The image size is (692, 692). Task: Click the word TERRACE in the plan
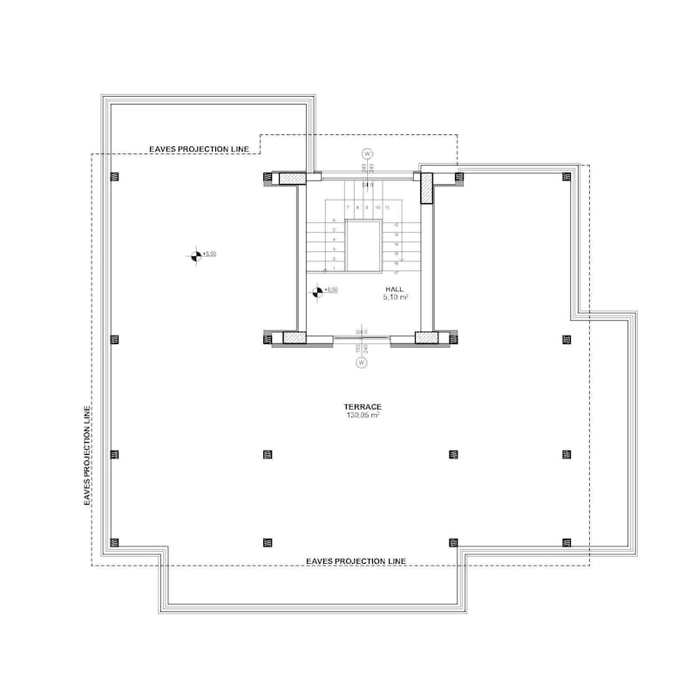(x=360, y=407)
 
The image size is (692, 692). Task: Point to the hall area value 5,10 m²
(x=397, y=297)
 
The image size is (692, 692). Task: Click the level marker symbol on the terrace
(x=195, y=255)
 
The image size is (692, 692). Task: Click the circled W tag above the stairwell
(x=367, y=154)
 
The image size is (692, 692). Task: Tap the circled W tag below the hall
(x=360, y=364)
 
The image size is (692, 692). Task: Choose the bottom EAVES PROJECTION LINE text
(x=356, y=560)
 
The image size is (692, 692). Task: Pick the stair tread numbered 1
(x=335, y=268)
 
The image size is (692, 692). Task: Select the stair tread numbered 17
(x=397, y=273)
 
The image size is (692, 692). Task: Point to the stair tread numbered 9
(x=367, y=207)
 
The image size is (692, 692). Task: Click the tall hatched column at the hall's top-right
(x=427, y=187)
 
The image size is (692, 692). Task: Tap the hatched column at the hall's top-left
(x=292, y=178)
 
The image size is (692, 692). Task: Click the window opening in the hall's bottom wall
(x=361, y=338)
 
